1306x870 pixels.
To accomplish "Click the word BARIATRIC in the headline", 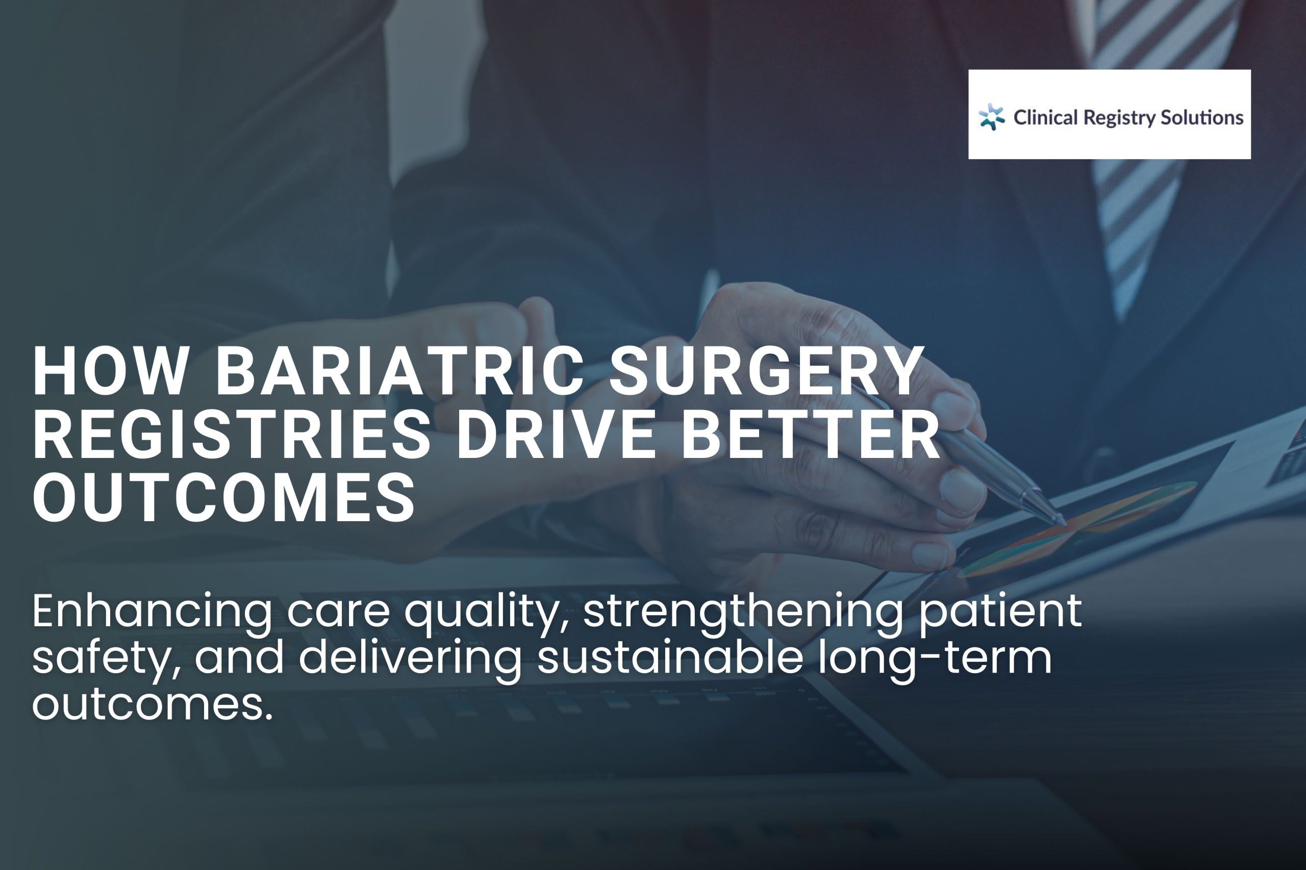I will (x=399, y=371).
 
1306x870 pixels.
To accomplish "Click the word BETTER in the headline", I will (x=810, y=434).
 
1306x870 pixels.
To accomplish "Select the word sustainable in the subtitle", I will (x=670, y=658).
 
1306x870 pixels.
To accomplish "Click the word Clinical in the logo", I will (x=1045, y=117).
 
